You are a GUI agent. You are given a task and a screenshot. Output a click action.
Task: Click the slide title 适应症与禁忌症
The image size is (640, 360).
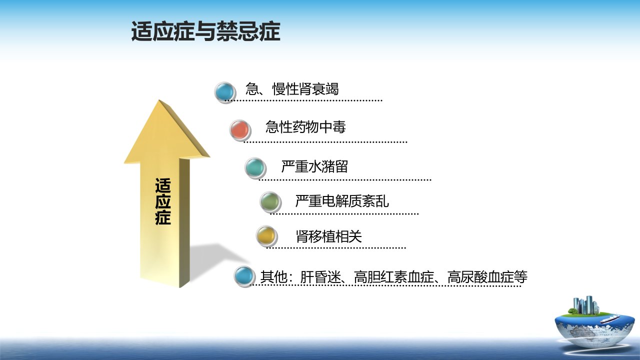tap(205, 31)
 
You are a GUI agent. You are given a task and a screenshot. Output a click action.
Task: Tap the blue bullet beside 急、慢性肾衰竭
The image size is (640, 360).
tap(225, 92)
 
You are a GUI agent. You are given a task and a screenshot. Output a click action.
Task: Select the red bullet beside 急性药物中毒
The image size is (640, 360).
tap(240, 130)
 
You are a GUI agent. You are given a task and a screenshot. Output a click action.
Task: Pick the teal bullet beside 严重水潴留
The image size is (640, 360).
tap(255, 168)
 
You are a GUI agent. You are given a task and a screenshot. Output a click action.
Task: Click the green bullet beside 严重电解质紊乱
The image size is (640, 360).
tap(270, 202)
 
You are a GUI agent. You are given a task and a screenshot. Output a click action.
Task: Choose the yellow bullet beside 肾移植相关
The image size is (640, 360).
tap(266, 236)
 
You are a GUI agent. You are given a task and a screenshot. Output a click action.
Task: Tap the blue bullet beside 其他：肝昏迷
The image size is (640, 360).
tap(244, 276)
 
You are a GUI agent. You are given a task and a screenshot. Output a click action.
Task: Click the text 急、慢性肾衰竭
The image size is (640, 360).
tap(292, 89)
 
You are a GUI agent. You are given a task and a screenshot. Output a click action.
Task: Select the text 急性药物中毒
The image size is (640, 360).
tap(305, 127)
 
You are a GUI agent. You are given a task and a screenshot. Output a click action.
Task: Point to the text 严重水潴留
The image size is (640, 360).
tap(314, 166)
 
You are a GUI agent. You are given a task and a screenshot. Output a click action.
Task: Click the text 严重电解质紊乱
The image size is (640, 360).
tap(342, 201)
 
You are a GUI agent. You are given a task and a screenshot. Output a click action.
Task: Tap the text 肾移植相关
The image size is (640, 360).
tap(329, 236)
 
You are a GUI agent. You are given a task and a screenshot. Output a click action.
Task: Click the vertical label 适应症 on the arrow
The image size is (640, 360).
tap(163, 201)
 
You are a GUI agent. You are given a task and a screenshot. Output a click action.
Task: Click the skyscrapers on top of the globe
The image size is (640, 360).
tap(586, 305)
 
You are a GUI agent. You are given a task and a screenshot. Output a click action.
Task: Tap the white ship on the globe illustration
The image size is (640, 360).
tap(609, 319)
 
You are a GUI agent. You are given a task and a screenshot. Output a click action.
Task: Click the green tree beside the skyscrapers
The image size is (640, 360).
tap(572, 311)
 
